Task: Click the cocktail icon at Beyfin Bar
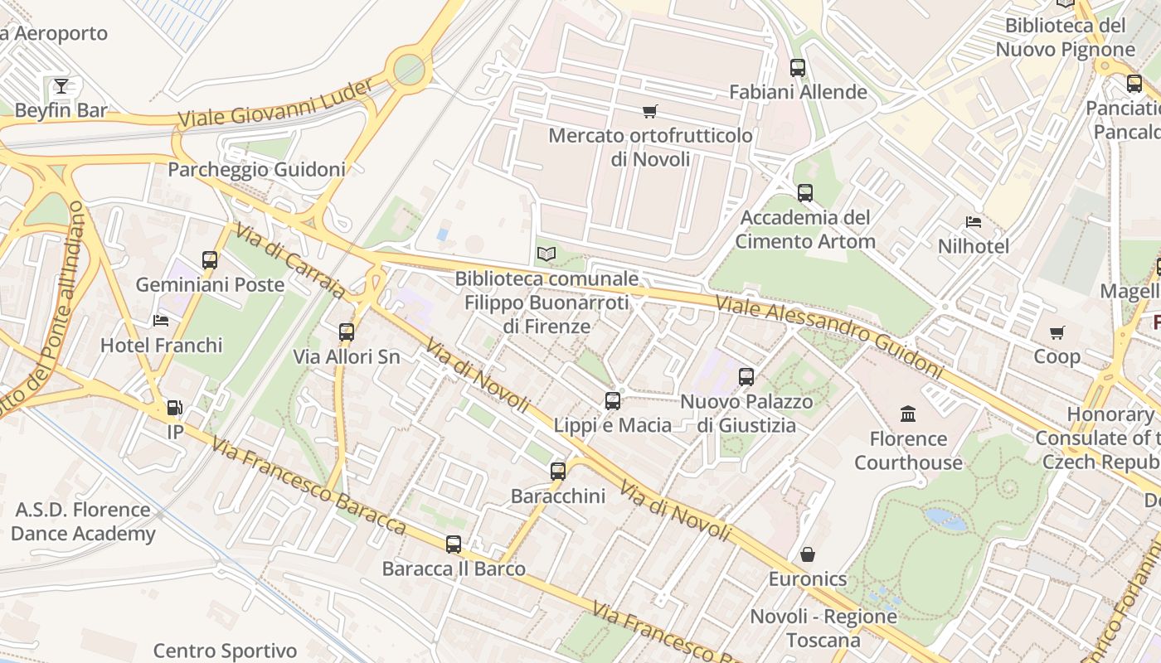(x=61, y=85)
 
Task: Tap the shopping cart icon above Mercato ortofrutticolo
(x=650, y=111)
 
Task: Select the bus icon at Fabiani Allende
(x=798, y=68)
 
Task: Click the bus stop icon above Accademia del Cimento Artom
(x=805, y=193)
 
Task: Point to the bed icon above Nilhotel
(x=974, y=222)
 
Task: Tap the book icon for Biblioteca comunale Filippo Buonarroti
(x=546, y=254)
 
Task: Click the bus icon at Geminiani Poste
(x=210, y=260)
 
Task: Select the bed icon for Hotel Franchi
(x=161, y=321)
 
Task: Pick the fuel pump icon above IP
(x=175, y=408)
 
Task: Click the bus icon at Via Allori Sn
(x=347, y=332)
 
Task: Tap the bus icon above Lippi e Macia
(x=613, y=401)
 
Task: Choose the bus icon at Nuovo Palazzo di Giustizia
(x=746, y=377)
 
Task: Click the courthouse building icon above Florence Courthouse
(x=908, y=414)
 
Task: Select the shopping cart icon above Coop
(x=1057, y=332)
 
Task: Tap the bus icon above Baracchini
(x=558, y=472)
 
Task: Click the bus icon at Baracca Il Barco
(x=454, y=544)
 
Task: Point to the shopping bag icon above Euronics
(x=808, y=554)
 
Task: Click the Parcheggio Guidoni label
(x=256, y=170)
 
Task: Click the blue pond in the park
(x=946, y=520)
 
